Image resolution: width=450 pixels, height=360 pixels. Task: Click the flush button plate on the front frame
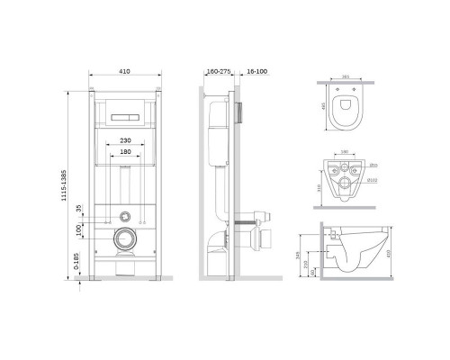(127, 118)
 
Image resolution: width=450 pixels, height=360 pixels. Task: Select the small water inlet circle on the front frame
(127, 216)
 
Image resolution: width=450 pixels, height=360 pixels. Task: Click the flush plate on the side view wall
(241, 115)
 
